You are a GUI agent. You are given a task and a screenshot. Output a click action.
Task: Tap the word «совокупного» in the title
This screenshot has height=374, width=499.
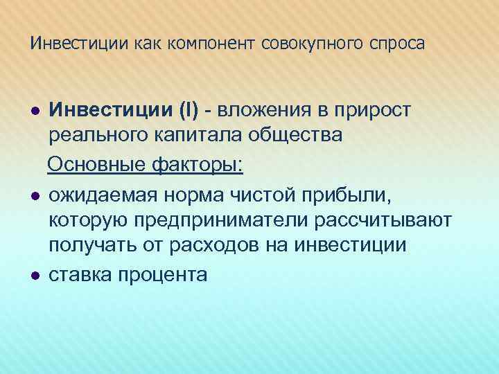[x=307, y=44]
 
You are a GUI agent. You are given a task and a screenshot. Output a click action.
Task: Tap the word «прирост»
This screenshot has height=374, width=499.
[x=374, y=111]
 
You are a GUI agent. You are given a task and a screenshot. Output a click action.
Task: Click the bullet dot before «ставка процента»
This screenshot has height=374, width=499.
[x=35, y=275]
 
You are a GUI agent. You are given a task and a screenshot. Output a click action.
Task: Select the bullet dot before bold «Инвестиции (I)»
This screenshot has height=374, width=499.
[x=35, y=109]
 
